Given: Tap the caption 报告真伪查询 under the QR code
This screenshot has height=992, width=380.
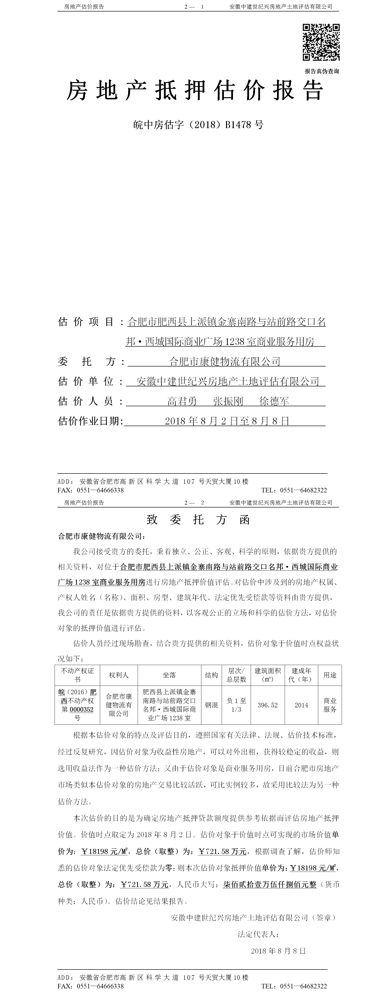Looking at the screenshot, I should click(x=322, y=71).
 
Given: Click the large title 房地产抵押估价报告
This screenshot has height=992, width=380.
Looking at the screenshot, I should click(x=195, y=91).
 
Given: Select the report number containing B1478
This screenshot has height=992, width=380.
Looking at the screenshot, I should click(x=198, y=125).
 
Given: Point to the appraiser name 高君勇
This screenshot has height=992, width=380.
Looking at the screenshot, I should click(x=182, y=401).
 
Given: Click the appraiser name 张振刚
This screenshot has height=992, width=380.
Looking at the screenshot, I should click(x=228, y=401).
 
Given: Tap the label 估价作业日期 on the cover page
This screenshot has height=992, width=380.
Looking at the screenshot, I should click(x=90, y=421).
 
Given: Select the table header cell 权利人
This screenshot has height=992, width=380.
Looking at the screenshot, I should click(x=119, y=675).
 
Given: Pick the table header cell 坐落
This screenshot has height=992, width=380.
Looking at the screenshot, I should click(x=169, y=675).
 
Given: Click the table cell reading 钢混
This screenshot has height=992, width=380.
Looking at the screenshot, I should click(x=211, y=705).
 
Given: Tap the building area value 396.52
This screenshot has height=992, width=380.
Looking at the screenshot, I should click(x=267, y=705).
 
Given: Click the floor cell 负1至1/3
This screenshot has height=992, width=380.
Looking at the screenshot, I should click(x=236, y=705).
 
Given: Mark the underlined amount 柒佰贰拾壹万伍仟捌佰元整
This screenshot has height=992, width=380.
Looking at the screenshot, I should click(x=270, y=885).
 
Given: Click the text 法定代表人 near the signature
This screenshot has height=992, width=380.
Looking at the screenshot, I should click(x=258, y=934).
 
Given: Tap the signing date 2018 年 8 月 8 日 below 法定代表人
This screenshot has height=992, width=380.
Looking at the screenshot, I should click(x=278, y=951).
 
